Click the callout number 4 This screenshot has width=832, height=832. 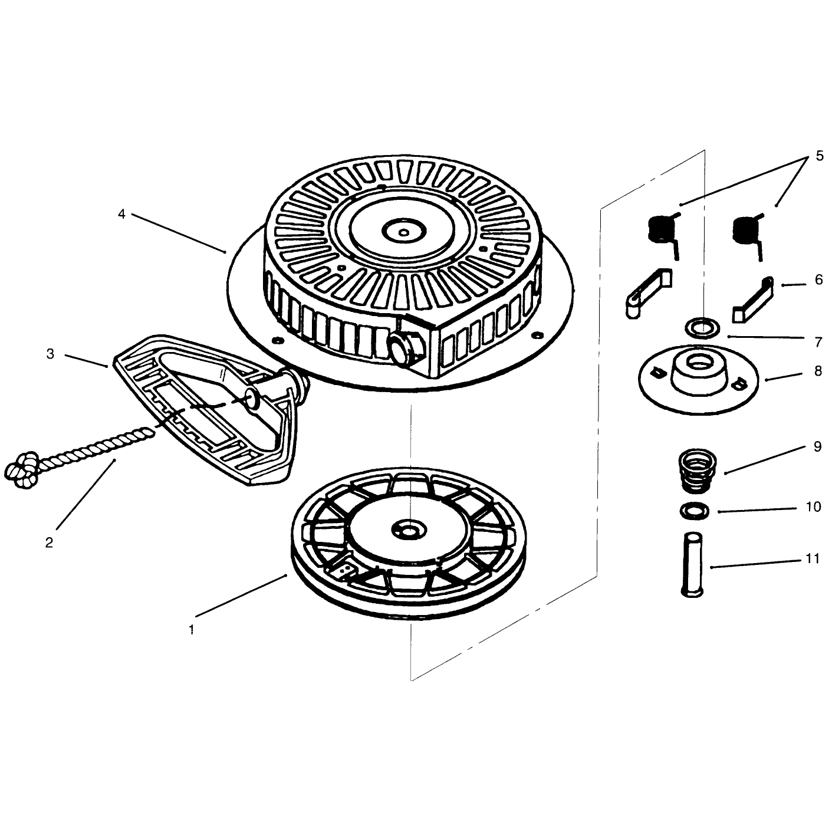coord(121,213)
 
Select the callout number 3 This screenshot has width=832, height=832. coord(51,354)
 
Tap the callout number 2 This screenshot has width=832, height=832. coord(49,542)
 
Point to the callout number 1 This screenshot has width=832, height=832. coord(191,630)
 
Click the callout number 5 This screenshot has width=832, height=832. coord(820,156)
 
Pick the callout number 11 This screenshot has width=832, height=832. coord(813,559)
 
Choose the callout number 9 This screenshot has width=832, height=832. coord(817,446)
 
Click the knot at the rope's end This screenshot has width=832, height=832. coord(21,470)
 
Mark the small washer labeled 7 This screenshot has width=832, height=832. coord(702,327)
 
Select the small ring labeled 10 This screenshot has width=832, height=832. coord(695,511)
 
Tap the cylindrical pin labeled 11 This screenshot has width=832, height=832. coord(692,565)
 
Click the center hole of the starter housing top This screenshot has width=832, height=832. coord(404,232)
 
